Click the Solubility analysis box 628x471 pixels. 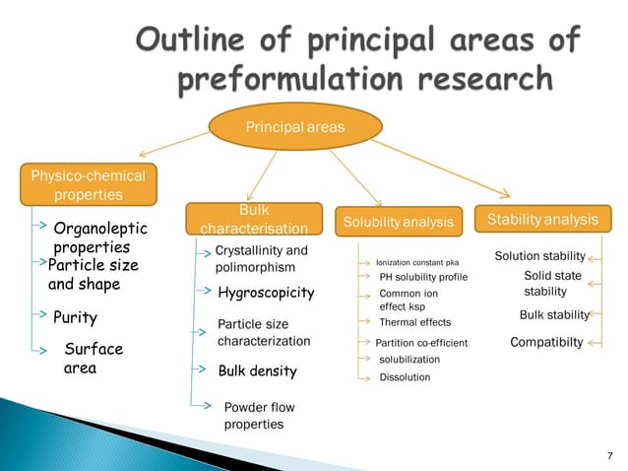click(399, 223)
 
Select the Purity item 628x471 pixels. click(75, 318)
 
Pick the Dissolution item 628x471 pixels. click(405, 376)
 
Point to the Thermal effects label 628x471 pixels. click(414, 322)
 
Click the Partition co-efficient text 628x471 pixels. click(414, 343)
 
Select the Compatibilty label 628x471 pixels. click(546, 342)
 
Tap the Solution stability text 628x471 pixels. click(539, 256)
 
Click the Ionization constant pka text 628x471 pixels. click(417, 263)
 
